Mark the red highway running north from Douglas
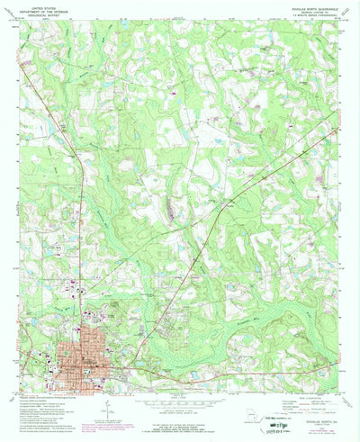(x=84, y=225)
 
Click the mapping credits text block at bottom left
(x=45, y=410)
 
